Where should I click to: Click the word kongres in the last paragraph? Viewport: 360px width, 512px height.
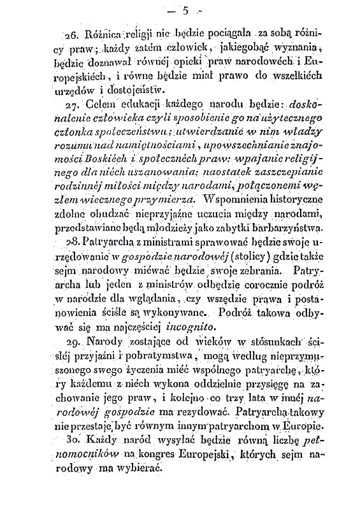tap(158, 455)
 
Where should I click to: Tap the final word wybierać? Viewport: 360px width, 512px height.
tap(136, 469)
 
